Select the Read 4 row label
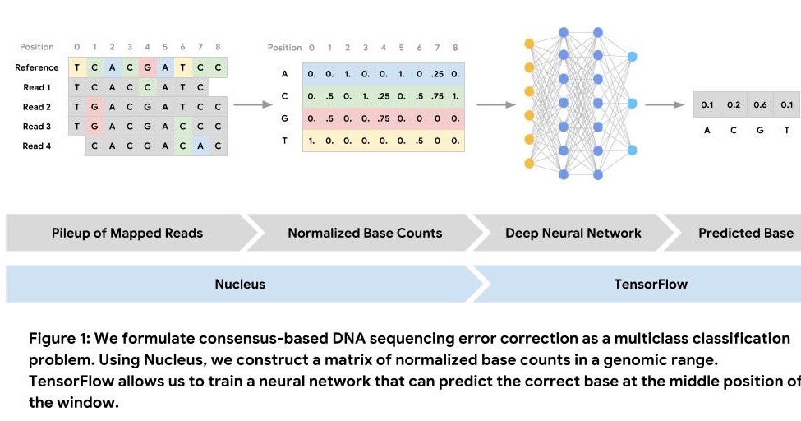point(37,146)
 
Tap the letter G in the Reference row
point(146,67)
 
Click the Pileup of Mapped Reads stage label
point(127,233)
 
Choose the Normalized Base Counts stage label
point(365,233)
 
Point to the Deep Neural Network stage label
point(573,233)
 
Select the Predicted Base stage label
point(745,233)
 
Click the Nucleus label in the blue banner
point(240,284)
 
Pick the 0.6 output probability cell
point(760,105)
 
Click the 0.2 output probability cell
point(734,105)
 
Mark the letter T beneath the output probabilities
point(786,130)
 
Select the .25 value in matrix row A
point(437,75)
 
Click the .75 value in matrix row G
point(383,118)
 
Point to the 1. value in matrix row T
point(311,140)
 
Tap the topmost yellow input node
point(529,42)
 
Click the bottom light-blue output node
point(632,150)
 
